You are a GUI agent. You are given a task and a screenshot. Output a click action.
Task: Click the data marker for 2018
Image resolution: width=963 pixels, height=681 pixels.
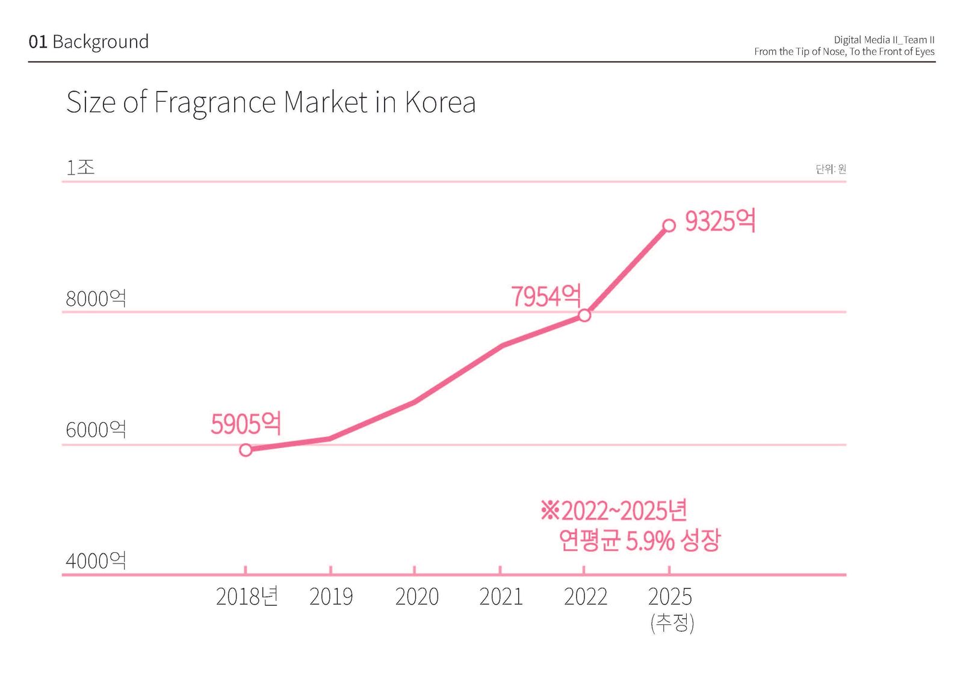click(x=246, y=450)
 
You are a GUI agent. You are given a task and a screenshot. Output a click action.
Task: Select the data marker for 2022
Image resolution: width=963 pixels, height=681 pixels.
click(x=584, y=316)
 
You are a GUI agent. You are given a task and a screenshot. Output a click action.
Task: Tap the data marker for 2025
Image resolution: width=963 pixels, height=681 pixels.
click(x=669, y=226)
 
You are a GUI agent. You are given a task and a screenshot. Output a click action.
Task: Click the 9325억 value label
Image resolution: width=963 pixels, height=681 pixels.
click(x=720, y=221)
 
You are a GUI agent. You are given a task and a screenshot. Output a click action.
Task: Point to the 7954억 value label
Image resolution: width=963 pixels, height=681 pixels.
click(x=546, y=296)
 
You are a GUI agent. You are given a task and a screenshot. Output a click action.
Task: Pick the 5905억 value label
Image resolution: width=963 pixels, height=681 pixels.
click(x=246, y=424)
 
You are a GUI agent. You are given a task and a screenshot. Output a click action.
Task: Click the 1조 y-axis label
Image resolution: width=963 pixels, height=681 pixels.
click(x=81, y=167)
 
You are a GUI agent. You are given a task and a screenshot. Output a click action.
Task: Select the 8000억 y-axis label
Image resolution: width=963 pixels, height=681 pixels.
click(x=96, y=299)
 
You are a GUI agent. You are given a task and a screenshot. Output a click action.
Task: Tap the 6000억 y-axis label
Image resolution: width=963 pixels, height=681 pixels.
click(x=96, y=430)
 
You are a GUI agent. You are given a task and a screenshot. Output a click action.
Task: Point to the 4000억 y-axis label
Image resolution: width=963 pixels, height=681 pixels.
click(x=96, y=561)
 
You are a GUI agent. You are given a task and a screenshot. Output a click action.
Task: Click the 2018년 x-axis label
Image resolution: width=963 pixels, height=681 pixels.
click(x=247, y=597)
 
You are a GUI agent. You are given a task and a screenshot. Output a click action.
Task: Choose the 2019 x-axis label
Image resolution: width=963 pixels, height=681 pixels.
click(x=331, y=597)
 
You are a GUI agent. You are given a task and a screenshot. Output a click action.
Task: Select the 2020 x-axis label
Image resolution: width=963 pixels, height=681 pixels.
click(x=416, y=597)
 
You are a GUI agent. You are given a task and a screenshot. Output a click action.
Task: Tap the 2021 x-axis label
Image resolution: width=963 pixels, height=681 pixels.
click(x=501, y=597)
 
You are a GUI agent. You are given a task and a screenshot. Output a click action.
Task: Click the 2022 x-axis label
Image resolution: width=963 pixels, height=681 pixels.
click(x=586, y=597)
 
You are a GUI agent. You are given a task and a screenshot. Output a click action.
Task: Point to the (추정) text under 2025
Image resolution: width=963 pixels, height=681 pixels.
click(x=672, y=623)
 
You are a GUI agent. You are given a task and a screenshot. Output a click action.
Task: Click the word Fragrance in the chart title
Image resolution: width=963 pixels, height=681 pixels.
click(x=215, y=102)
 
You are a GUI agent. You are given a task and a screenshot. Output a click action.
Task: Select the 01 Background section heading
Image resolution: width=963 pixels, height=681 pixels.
click(x=88, y=42)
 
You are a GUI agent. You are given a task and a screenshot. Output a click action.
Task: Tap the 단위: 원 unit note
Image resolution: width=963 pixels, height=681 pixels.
click(x=831, y=169)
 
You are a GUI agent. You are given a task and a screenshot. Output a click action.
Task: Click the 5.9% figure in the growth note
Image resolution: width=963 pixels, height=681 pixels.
click(x=649, y=541)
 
